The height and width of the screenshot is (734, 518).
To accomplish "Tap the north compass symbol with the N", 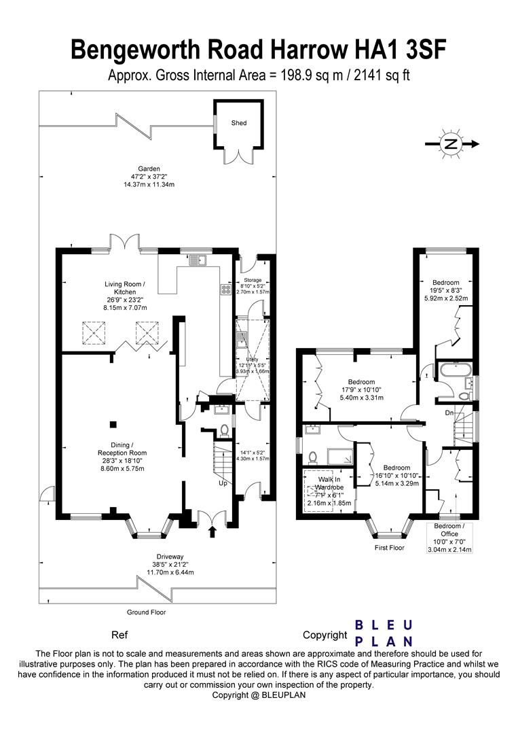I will (x=450, y=143).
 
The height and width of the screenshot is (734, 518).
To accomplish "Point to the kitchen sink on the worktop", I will (x=197, y=259).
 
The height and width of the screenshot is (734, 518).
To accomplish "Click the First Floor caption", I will (x=388, y=547).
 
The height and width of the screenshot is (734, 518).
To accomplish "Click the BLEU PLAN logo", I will (x=385, y=633).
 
